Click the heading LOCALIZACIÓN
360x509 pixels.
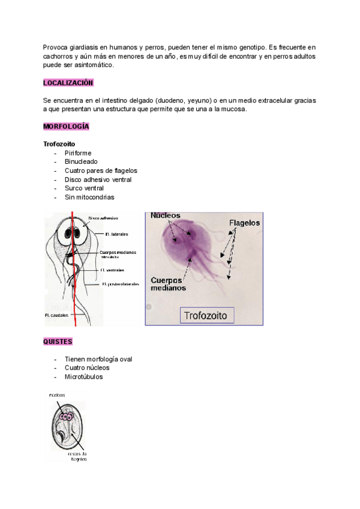pyautogui.click(x=68, y=82)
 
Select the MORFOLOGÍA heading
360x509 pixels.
pyautogui.click(x=66, y=127)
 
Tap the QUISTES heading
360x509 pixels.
pyautogui.click(x=58, y=342)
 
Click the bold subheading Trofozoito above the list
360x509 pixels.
pyautogui.click(x=59, y=145)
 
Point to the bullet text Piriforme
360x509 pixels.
pyautogui.click(x=79, y=153)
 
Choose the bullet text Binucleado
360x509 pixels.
pyautogui.click(x=81, y=162)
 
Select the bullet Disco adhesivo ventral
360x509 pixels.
pyautogui.click(x=98, y=179)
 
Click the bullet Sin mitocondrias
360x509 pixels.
pyautogui.click(x=89, y=197)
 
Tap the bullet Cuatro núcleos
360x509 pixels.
pyautogui.click(x=87, y=368)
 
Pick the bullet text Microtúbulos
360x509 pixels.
pyautogui.click(x=83, y=377)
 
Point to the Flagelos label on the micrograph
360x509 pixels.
pyautogui.click(x=244, y=222)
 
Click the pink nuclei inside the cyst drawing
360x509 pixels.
pyautogui.click(x=67, y=417)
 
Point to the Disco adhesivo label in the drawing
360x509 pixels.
pyautogui.click(x=103, y=218)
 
